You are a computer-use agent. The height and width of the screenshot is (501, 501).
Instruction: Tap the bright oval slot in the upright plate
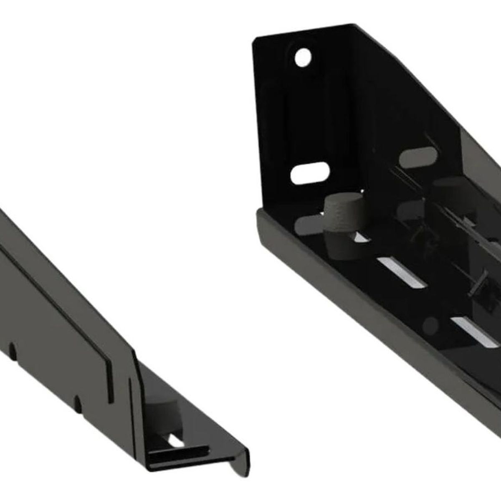pos(309,172)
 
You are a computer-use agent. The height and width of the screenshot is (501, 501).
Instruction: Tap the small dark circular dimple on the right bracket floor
pos(432,321)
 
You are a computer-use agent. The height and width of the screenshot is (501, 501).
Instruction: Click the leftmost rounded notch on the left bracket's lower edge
pos(13,349)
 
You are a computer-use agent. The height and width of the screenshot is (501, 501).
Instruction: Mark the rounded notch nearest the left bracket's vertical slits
pos(77,403)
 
